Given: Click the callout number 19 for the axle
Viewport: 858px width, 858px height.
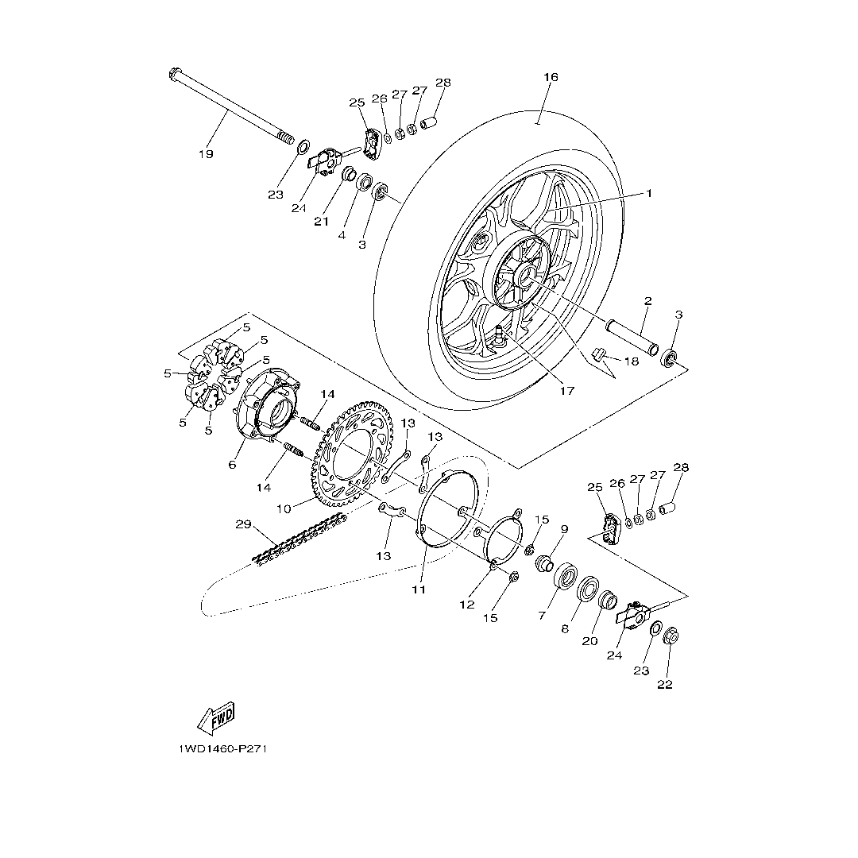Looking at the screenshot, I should coord(206,154).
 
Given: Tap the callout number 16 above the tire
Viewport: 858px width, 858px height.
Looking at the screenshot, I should coord(551,77).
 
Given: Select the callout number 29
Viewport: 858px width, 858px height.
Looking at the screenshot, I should coord(243,524).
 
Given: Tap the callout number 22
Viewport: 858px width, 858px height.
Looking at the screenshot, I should coord(665,684).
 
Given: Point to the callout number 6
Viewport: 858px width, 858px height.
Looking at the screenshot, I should coord(232,464).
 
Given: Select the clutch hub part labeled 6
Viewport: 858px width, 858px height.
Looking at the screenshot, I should coord(267,405).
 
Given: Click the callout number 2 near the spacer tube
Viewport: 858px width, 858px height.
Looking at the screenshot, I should coord(647,301).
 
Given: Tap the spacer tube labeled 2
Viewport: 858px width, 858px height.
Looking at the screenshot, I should coord(632,336).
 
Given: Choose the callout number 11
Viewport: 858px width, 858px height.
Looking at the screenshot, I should coord(419,589).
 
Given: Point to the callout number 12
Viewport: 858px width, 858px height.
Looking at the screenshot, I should coord(466,605).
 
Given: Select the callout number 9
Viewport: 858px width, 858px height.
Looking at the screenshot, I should coord(564,529).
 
